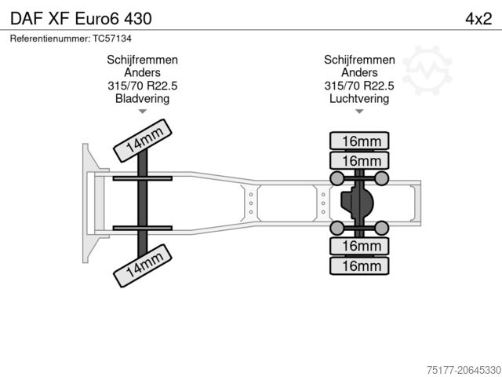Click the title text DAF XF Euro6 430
coord(81,19)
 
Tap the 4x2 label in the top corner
coord(478,19)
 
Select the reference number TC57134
coord(112,38)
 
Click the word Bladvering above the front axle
coord(143,98)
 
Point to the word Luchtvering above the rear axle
coord(359,98)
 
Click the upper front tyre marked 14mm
coord(143,141)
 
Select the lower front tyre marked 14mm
coord(143,265)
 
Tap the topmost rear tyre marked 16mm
coord(359,141)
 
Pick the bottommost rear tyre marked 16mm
coord(359,265)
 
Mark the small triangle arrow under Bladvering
coord(143,112)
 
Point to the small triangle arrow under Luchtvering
coord(359,112)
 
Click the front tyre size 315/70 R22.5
coord(143,86)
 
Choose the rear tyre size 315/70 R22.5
coord(359,86)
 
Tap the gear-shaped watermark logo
coord(427,70)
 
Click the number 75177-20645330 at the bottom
coord(464,370)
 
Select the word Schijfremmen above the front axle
coord(143,60)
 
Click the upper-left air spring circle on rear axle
coord(337,178)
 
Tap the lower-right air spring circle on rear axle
coord(382,228)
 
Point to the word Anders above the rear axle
coord(359,72)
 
